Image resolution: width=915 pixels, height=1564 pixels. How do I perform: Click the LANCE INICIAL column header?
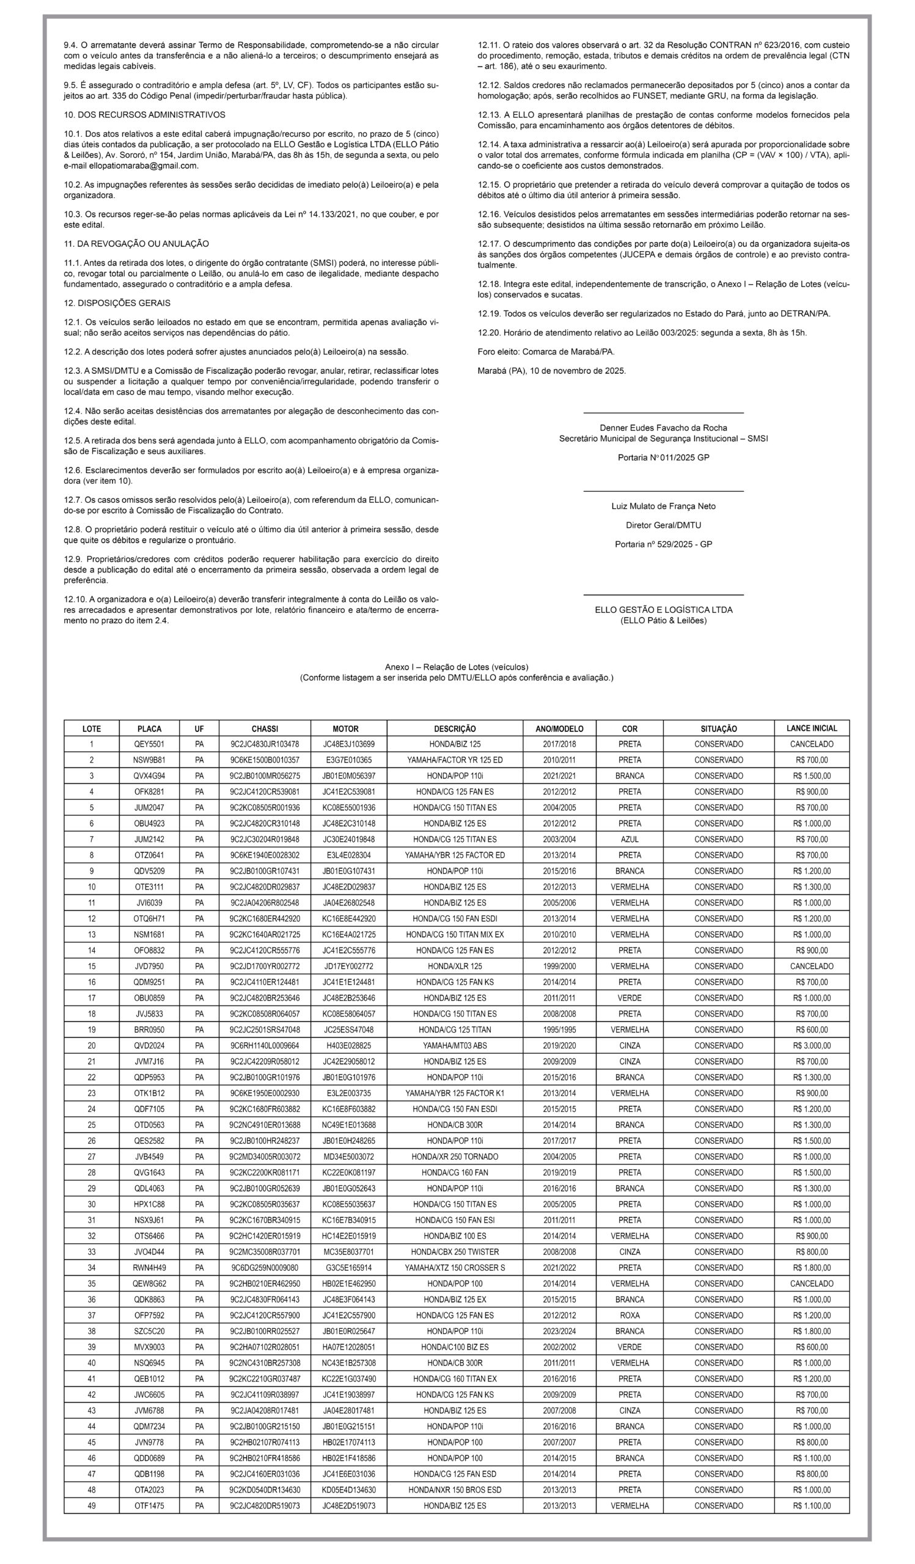[x=810, y=728]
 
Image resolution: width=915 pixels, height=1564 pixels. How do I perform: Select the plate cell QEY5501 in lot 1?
[x=149, y=744]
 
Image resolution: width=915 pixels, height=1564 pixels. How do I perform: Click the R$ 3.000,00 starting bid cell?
[x=810, y=1046]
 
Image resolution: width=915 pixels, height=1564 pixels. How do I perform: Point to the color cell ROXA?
[x=629, y=1315]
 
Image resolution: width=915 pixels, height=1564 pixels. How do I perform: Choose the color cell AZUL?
[x=629, y=839]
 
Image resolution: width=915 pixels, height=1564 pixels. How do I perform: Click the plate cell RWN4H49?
[x=149, y=1267]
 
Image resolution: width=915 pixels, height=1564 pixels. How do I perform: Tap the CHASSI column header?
[x=265, y=729]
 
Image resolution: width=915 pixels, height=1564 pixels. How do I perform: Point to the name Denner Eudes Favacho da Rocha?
[x=663, y=428]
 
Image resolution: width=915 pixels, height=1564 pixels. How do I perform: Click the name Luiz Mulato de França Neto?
[x=663, y=506]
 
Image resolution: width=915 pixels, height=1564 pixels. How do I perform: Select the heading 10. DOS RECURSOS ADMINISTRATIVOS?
[x=145, y=115]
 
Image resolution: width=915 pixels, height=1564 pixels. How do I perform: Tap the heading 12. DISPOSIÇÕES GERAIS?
[x=117, y=303]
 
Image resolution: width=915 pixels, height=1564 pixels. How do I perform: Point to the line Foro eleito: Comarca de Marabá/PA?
[x=546, y=352]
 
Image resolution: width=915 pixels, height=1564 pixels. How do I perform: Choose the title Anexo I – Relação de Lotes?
[x=456, y=667]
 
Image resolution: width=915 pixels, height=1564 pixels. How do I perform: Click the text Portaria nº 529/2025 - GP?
[x=663, y=544]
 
